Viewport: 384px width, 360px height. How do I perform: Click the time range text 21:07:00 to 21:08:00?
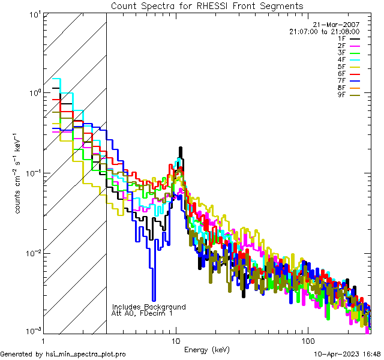pos(324,31)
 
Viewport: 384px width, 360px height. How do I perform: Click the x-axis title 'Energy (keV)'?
pos(206,349)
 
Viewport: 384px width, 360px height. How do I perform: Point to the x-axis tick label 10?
pos(176,341)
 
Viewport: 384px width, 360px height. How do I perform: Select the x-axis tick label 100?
pos(308,341)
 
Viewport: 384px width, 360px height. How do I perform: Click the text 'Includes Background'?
pos(149,307)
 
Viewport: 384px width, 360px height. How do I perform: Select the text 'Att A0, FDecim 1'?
pos(142,313)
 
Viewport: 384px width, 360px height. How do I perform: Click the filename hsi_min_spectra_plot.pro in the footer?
pos(85,354)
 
